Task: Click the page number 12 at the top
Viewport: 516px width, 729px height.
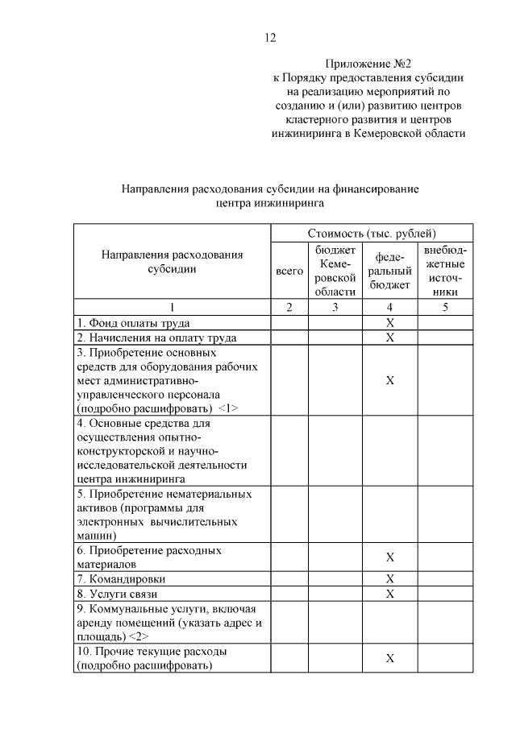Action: [x=270, y=37]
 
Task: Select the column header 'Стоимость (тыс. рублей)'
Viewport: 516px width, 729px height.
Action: [x=371, y=233]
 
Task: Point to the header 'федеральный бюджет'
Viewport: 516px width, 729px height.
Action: [x=389, y=271]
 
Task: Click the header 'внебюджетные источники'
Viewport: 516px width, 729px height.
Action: [x=445, y=271]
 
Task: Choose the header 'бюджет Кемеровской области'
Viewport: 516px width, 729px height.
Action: [x=335, y=271]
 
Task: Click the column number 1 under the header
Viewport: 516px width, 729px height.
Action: [x=171, y=307]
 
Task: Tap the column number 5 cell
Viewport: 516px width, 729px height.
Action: [x=445, y=307]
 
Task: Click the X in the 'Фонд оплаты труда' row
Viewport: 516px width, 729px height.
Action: [x=389, y=322]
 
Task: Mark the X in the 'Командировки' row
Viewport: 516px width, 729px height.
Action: [x=389, y=578]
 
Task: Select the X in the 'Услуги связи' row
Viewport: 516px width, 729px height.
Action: [x=389, y=594]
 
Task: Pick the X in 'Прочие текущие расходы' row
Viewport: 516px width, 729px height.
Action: [x=389, y=658]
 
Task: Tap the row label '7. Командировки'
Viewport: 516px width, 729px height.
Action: [x=122, y=578]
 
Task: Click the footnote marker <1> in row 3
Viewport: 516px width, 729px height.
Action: [x=228, y=408]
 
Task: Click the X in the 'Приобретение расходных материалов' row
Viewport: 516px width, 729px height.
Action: [x=389, y=557]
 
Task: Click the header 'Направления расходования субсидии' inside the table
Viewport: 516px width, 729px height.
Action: [x=171, y=263]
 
